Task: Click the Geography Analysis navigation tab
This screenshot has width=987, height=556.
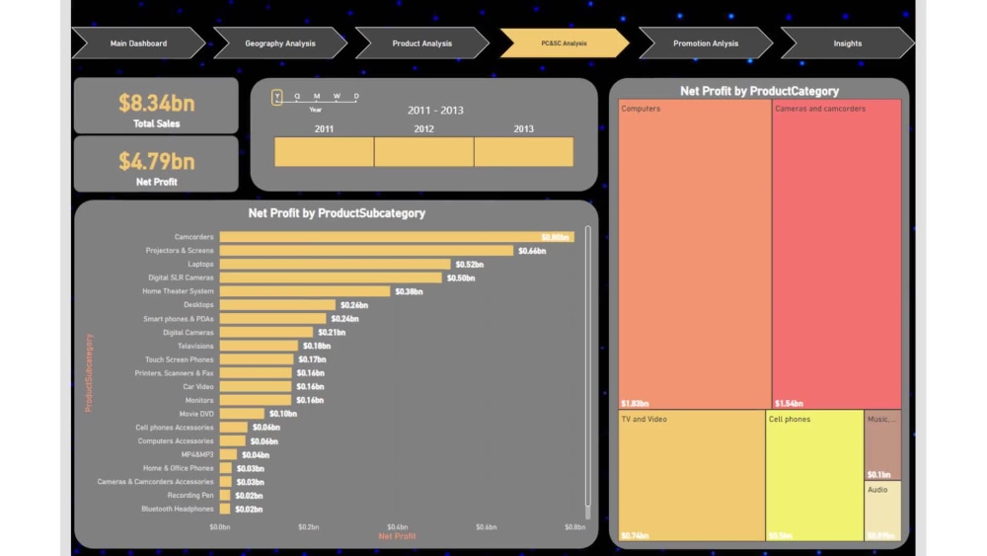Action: click(279, 43)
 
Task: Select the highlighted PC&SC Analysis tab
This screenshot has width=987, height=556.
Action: click(564, 43)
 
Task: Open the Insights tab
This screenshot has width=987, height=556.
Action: click(847, 43)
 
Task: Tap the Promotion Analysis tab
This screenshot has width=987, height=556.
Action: click(705, 43)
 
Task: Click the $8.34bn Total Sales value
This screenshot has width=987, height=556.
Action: click(156, 103)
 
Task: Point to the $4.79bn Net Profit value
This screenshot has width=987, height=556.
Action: click(156, 161)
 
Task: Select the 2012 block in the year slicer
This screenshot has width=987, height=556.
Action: click(423, 152)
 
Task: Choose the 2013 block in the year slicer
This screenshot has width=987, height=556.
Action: click(523, 152)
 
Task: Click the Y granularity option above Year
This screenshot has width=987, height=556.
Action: click(277, 97)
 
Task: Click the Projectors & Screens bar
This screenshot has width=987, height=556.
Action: click(365, 251)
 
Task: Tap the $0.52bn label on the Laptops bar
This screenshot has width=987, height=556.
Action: click(469, 265)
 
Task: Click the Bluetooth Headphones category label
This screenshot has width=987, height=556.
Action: click(177, 509)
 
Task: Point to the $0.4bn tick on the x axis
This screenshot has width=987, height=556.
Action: click(397, 527)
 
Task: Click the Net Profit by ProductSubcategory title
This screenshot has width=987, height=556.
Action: click(337, 213)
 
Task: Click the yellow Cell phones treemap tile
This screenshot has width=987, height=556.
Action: click(814, 475)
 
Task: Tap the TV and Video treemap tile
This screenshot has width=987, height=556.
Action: click(692, 475)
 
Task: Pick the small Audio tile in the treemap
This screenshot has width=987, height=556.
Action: click(883, 510)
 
